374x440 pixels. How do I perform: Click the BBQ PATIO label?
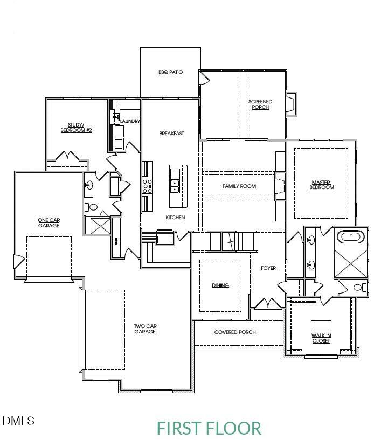pos(170,72)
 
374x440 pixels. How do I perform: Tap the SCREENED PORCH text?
pos(260,104)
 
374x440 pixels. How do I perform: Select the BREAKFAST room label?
pos(171,133)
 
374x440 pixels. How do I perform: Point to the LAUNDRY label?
pos(130,121)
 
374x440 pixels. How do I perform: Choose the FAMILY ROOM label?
pos(239,186)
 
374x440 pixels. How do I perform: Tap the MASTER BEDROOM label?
pos(322,185)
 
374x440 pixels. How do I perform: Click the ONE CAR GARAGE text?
pos(49,222)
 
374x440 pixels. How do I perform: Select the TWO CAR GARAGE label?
pos(144,329)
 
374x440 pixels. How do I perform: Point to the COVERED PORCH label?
pos(235,332)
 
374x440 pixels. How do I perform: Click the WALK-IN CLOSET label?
pos(321,338)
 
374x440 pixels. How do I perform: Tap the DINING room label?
pos(220,285)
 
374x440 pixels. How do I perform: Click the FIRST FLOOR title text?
pos(209,428)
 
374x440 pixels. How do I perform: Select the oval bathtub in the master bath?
pos(351,236)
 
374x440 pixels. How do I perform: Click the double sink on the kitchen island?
pos(175,186)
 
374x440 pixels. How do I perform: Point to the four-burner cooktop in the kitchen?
pos(147,186)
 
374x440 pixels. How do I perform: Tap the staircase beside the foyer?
pos(240,241)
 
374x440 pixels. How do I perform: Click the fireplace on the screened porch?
pos(290,103)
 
